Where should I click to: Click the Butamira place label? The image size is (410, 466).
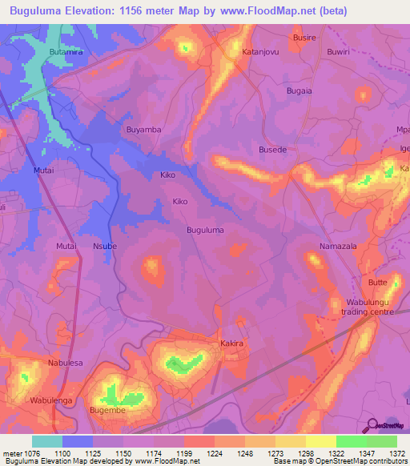coord(66,51)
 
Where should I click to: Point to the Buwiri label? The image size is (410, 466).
coord(338,51)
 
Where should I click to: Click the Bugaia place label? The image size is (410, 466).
coord(301,91)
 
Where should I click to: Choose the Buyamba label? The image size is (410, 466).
coord(144,129)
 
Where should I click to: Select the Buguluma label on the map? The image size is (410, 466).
coord(205,230)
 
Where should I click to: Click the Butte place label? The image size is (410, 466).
coord(377,283)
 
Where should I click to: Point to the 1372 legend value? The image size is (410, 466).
coord(396,454)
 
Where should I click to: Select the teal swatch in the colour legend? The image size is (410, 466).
coord(46,441)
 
